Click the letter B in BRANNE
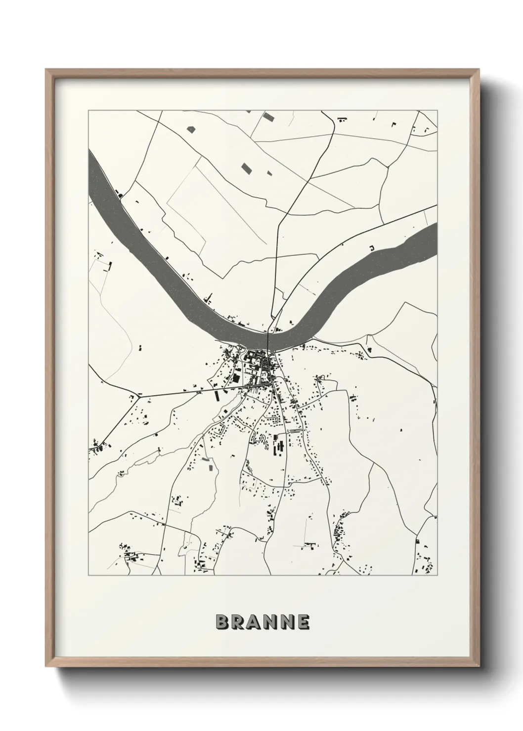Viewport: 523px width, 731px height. (222, 622)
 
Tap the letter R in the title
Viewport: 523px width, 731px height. (238, 622)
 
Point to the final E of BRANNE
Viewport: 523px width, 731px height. (303, 622)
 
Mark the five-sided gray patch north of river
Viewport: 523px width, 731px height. (191, 129)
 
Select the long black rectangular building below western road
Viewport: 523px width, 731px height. (217, 395)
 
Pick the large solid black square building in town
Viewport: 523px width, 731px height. (236, 378)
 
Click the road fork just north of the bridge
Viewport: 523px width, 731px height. (271, 316)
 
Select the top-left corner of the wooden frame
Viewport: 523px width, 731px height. (46, 70)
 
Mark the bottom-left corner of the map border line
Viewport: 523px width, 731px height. (88, 575)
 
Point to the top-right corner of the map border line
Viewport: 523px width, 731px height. (437, 110)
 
